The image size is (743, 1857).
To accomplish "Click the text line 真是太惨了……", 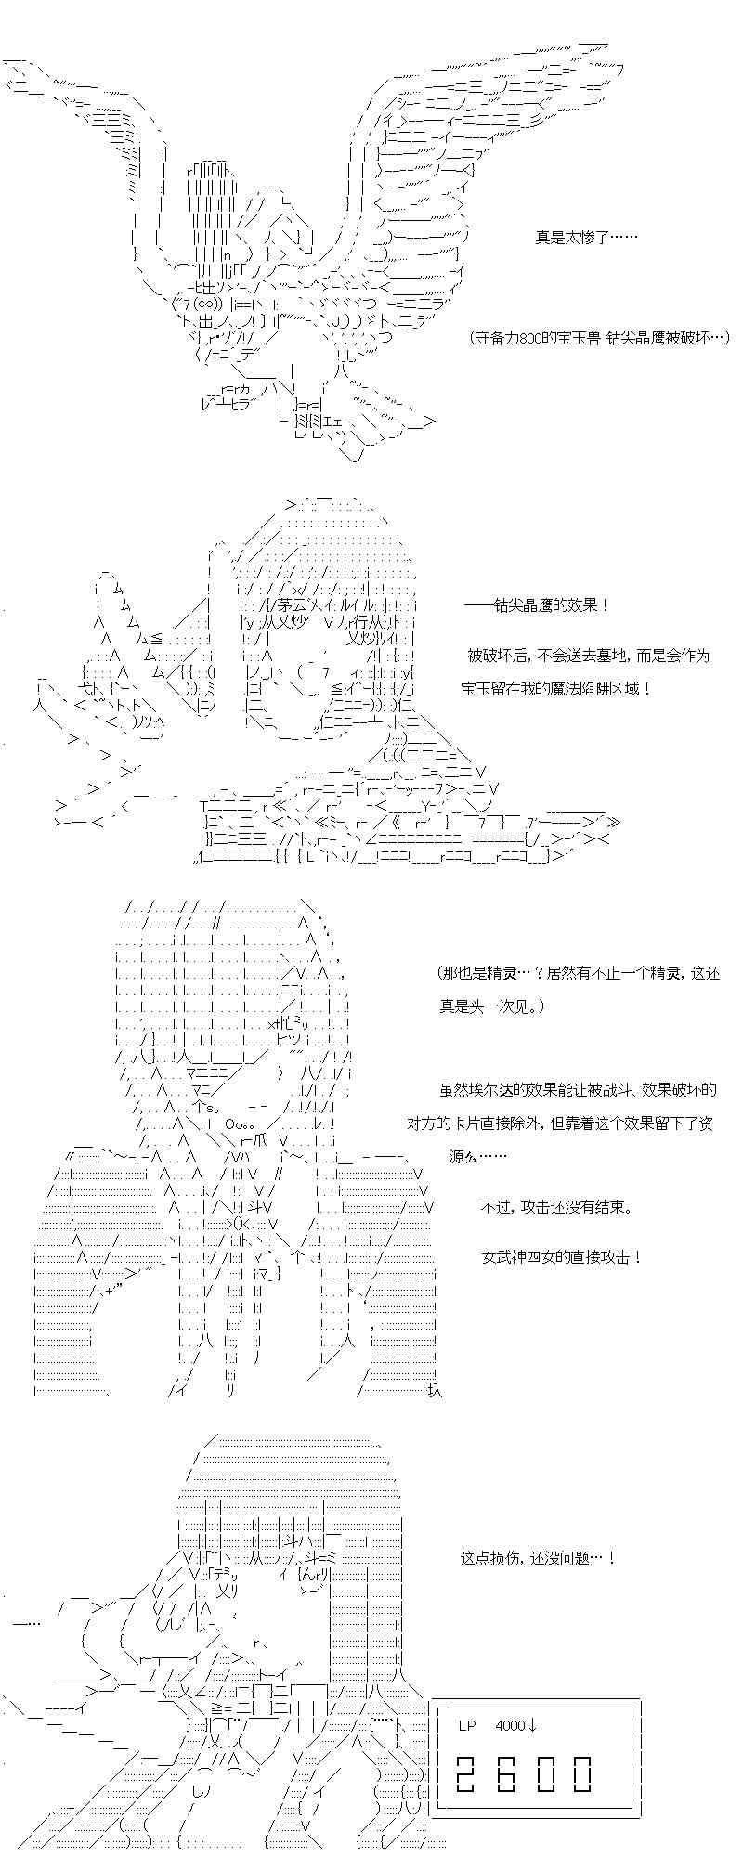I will click(585, 238).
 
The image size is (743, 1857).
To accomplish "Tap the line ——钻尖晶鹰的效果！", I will click(537, 605).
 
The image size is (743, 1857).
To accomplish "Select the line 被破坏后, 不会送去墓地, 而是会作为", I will click(588, 656).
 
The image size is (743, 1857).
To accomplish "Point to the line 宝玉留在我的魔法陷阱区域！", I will click(555, 689).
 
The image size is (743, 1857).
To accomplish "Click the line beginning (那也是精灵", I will click(579, 973).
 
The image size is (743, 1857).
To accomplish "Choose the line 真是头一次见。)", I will click(492, 1006).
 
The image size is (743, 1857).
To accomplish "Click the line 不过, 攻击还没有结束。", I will click(558, 1207).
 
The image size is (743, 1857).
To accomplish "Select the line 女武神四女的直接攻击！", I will click(562, 1257).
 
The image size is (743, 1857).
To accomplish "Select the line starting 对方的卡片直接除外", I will click(560, 1123).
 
